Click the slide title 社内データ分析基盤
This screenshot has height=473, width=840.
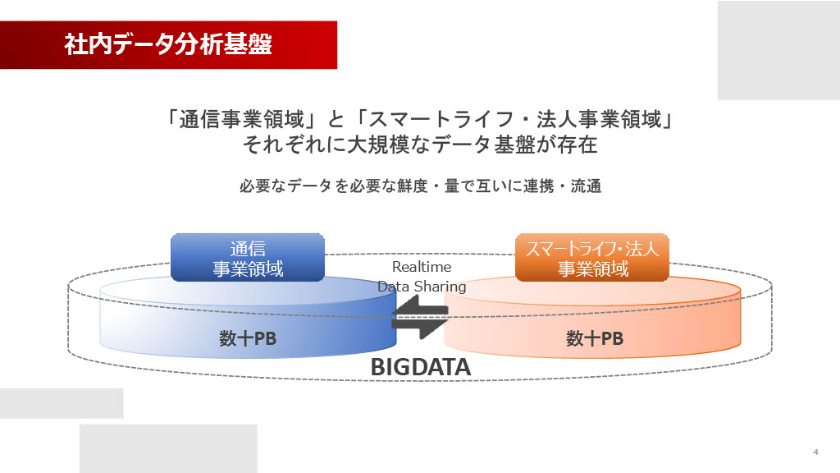click(168, 44)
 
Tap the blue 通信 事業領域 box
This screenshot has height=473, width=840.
click(248, 258)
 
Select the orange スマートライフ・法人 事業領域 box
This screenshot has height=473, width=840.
click(592, 258)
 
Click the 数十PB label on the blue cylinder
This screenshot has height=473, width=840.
click(248, 338)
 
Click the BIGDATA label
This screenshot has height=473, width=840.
click(420, 367)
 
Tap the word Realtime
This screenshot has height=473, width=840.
click(422, 267)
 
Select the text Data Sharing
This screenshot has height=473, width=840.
click(422, 287)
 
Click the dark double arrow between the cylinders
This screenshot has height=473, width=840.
click(420, 317)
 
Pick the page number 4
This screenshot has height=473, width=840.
click(815, 452)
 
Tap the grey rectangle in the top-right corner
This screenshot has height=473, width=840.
click(778, 50)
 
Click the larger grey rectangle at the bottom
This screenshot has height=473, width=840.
click(168, 448)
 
